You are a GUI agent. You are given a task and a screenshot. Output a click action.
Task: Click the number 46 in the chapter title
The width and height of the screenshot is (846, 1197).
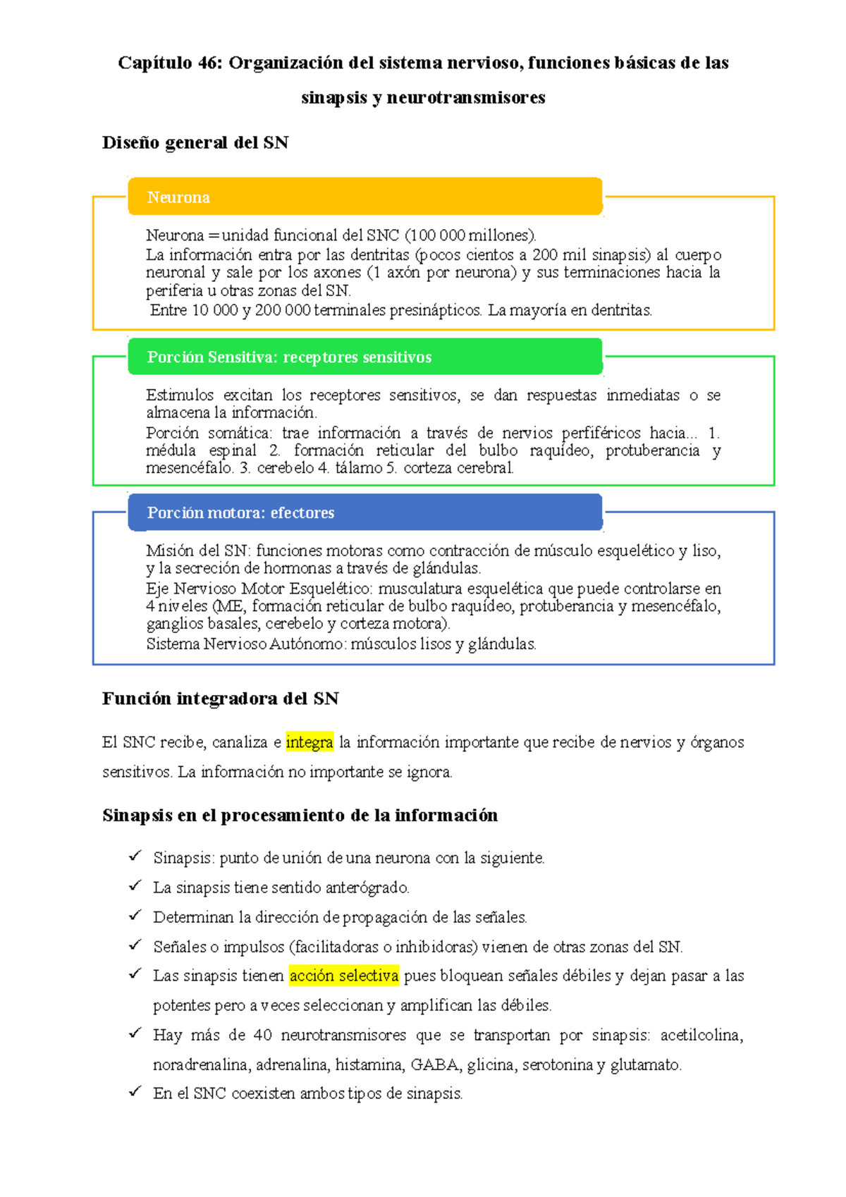209,63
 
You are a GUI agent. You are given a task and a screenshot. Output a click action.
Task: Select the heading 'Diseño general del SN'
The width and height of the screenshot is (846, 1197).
195,142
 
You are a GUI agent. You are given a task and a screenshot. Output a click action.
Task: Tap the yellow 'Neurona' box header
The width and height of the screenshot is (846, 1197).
364,197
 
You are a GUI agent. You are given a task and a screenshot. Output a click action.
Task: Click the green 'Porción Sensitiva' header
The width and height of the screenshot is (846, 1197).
364,357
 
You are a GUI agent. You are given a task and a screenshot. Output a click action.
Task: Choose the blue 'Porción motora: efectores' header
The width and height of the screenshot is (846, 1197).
364,512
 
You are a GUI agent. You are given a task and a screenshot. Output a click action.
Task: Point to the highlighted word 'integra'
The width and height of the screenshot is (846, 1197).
309,742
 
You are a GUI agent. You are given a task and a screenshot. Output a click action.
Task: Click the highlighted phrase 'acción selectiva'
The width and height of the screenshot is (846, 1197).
344,976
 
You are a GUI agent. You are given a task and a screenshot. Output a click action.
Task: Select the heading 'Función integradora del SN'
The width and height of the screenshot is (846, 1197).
221,699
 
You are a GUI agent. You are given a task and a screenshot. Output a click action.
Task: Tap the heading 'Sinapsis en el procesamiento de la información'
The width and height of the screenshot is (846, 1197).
300,816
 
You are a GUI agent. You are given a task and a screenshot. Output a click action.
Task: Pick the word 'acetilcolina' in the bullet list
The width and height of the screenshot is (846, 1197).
701,1035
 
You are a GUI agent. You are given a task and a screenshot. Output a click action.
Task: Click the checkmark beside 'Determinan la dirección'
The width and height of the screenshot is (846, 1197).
135,916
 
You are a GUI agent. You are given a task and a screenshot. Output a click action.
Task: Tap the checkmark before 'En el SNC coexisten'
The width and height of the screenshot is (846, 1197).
135,1093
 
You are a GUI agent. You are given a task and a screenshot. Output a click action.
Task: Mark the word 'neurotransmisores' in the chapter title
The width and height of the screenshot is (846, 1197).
465,97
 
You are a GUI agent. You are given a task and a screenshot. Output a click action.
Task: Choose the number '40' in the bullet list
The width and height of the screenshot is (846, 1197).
262,1035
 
